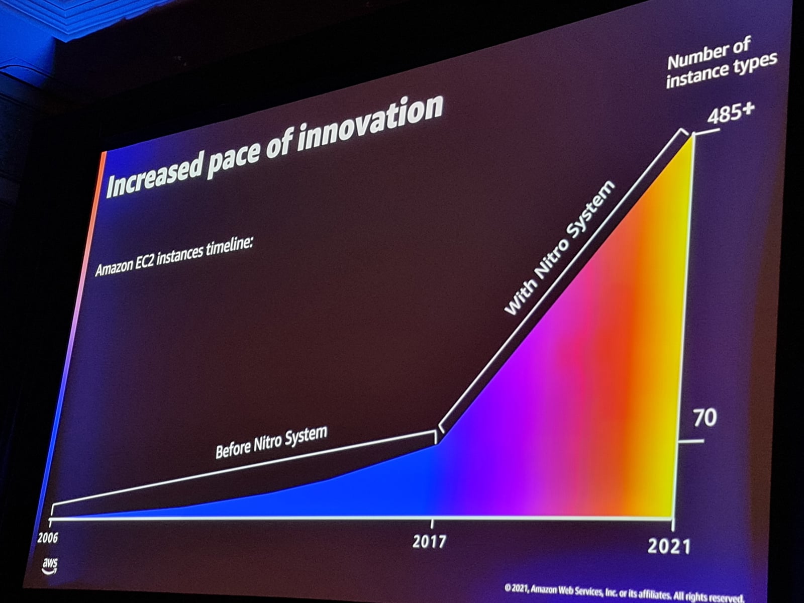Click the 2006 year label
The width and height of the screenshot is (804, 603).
tap(48, 538)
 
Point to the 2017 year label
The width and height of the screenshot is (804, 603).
tap(429, 541)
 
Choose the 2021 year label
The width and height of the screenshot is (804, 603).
tap(669, 546)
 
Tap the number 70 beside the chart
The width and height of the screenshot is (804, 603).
tap(705, 418)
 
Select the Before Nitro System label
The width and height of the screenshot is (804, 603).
tap(271, 442)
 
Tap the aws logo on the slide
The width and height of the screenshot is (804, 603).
tap(50, 564)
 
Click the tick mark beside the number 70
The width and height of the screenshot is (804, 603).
tap(691, 442)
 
